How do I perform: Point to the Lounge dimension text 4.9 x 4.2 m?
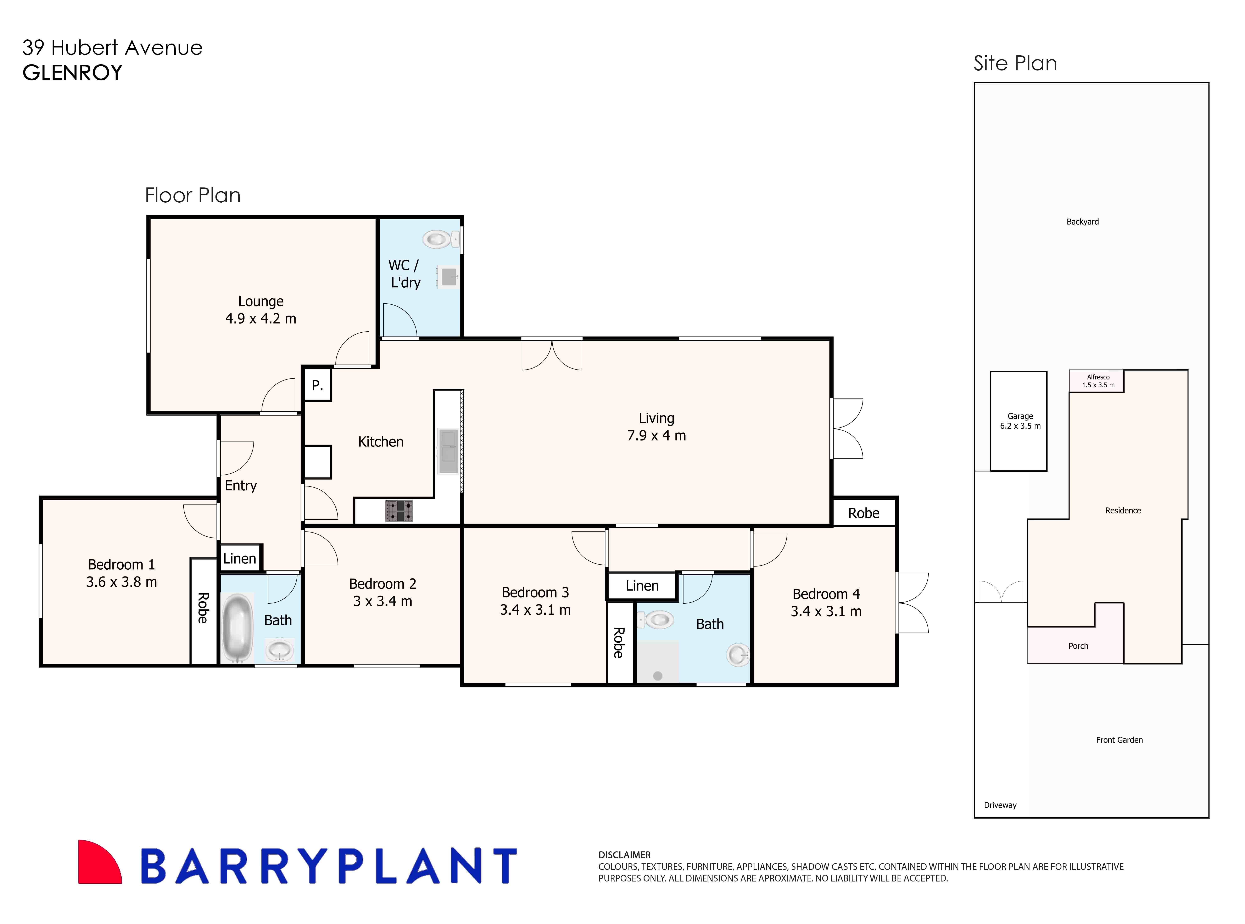pos(261,319)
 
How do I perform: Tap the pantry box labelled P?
pos(317,385)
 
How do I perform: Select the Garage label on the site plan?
pos(1020,416)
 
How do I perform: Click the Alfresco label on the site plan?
pos(1098,377)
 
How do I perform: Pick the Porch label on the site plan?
pos(1078,646)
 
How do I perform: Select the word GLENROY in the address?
pos(72,73)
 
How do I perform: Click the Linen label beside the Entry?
pos(240,558)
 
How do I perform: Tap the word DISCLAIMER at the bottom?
pos(624,855)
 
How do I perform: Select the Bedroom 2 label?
pos(383,584)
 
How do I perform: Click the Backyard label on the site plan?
pos(1082,222)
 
